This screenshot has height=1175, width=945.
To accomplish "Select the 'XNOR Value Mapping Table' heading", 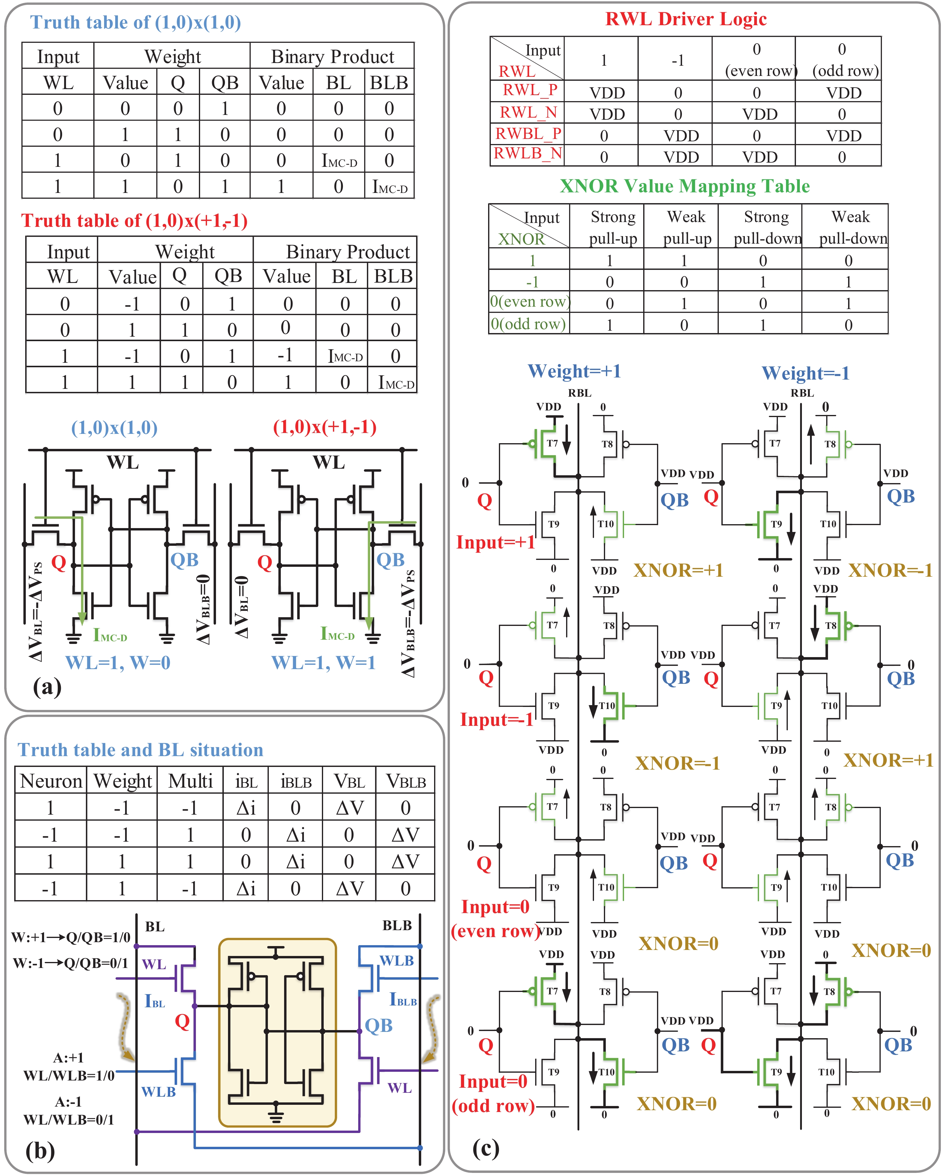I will point(685,186).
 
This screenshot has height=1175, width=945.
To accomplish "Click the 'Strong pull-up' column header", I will point(613,228).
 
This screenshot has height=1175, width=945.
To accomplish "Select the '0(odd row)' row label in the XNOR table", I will point(528,324).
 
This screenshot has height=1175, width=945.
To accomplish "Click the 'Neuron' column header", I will point(51,781).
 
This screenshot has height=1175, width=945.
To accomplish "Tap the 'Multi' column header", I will point(190,781).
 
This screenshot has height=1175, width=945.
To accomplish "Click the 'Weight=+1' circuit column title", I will point(574,371).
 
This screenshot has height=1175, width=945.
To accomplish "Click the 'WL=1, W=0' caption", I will point(118,663).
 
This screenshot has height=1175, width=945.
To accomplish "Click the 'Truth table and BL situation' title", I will point(141,750).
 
